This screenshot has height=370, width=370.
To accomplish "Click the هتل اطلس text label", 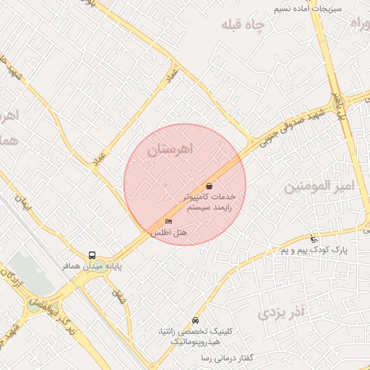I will tap(168, 233).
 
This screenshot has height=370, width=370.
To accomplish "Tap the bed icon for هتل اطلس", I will tap(169, 221).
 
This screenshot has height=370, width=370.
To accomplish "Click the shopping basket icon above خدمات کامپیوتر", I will tap(210, 186).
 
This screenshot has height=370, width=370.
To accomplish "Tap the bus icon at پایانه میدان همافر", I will tap(92, 254).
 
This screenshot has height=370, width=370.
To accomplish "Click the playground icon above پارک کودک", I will tap(313, 239).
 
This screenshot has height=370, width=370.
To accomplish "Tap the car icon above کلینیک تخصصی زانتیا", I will tap(196, 320).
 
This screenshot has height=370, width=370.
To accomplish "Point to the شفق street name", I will tap(117, 294).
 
